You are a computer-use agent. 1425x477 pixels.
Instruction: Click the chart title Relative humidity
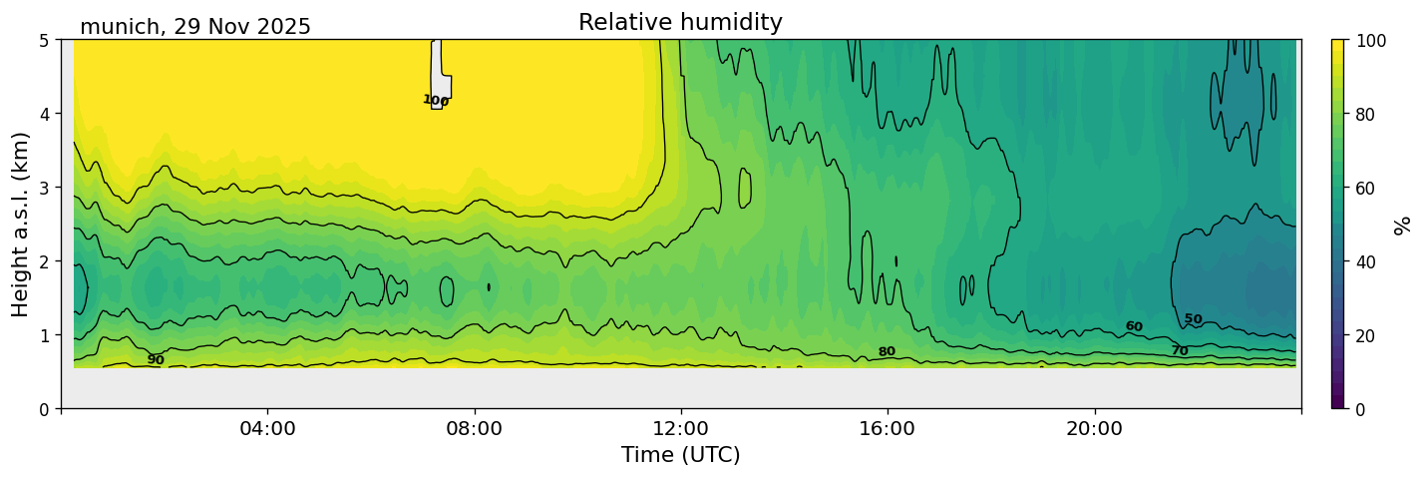[680, 23]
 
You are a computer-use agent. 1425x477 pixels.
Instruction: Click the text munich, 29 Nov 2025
[195, 27]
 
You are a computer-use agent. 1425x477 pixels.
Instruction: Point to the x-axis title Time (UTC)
[680, 455]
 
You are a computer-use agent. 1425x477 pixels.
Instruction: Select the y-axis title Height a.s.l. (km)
[20, 225]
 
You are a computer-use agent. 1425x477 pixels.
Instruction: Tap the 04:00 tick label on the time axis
[267, 429]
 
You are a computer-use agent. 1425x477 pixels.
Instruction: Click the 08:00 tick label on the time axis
[475, 429]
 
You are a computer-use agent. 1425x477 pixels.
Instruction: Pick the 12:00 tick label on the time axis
[681, 429]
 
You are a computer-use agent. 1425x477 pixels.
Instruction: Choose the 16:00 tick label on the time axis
[888, 429]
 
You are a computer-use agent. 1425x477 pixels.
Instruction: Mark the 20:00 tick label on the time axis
[1095, 429]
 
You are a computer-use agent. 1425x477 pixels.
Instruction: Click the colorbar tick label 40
[1366, 261]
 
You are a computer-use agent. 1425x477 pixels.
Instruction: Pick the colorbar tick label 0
[1362, 409]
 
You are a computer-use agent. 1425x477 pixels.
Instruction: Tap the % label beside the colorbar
[1403, 225]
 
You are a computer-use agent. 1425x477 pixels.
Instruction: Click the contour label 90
[156, 360]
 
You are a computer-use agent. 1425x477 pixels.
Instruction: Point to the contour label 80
[887, 351]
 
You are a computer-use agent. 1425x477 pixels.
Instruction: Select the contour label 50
[1193, 319]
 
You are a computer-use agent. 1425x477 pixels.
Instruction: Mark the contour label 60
[1134, 326]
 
